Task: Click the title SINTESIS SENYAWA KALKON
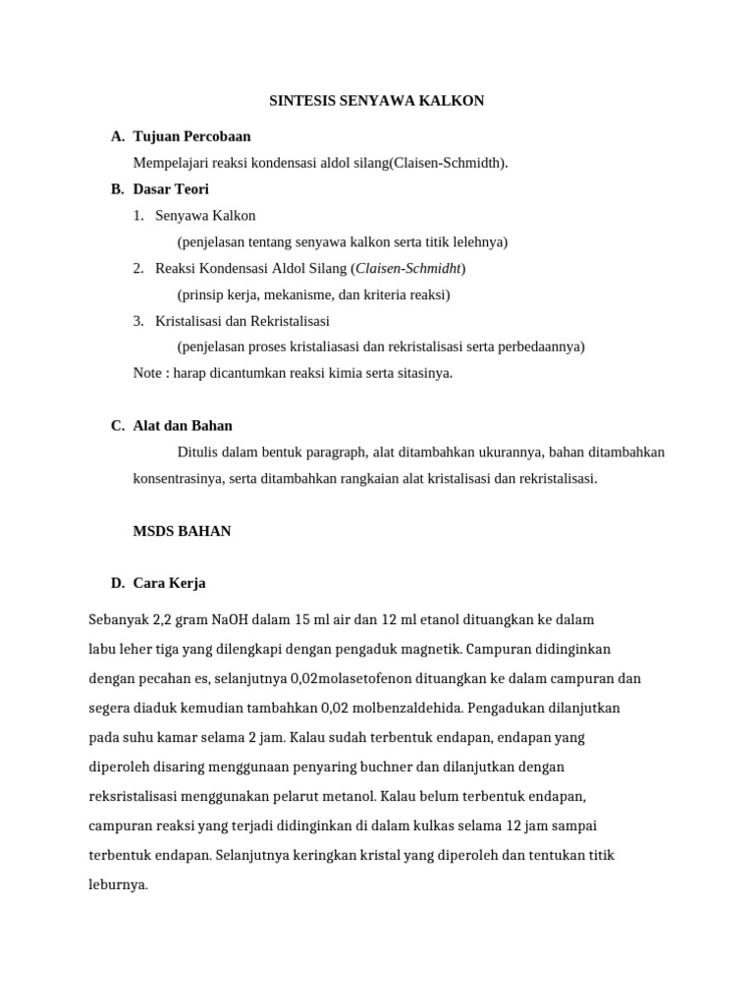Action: (377, 101)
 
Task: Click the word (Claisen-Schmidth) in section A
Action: (450, 163)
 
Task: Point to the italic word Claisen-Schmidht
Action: (409, 268)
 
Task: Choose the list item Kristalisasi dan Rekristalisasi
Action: (242, 321)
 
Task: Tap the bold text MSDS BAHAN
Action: (182, 531)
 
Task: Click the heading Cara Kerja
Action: (169, 584)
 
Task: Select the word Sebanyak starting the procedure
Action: (117, 620)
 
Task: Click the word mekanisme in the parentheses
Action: (300, 294)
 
